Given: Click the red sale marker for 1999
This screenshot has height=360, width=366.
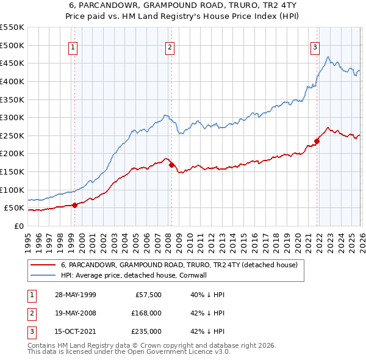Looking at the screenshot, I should [x=75, y=205].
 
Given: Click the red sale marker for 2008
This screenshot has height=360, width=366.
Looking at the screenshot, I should [x=171, y=165].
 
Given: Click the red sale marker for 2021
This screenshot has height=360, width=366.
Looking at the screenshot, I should [x=317, y=141].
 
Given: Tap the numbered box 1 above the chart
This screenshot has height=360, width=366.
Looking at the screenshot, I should [x=73, y=47].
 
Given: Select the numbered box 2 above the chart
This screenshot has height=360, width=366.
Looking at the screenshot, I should [x=169, y=47].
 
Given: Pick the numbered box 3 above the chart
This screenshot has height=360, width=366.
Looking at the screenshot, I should [x=315, y=47].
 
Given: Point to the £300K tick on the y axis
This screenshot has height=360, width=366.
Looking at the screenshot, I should [x=12, y=117].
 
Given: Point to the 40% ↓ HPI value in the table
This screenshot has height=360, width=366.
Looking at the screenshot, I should [x=207, y=294].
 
